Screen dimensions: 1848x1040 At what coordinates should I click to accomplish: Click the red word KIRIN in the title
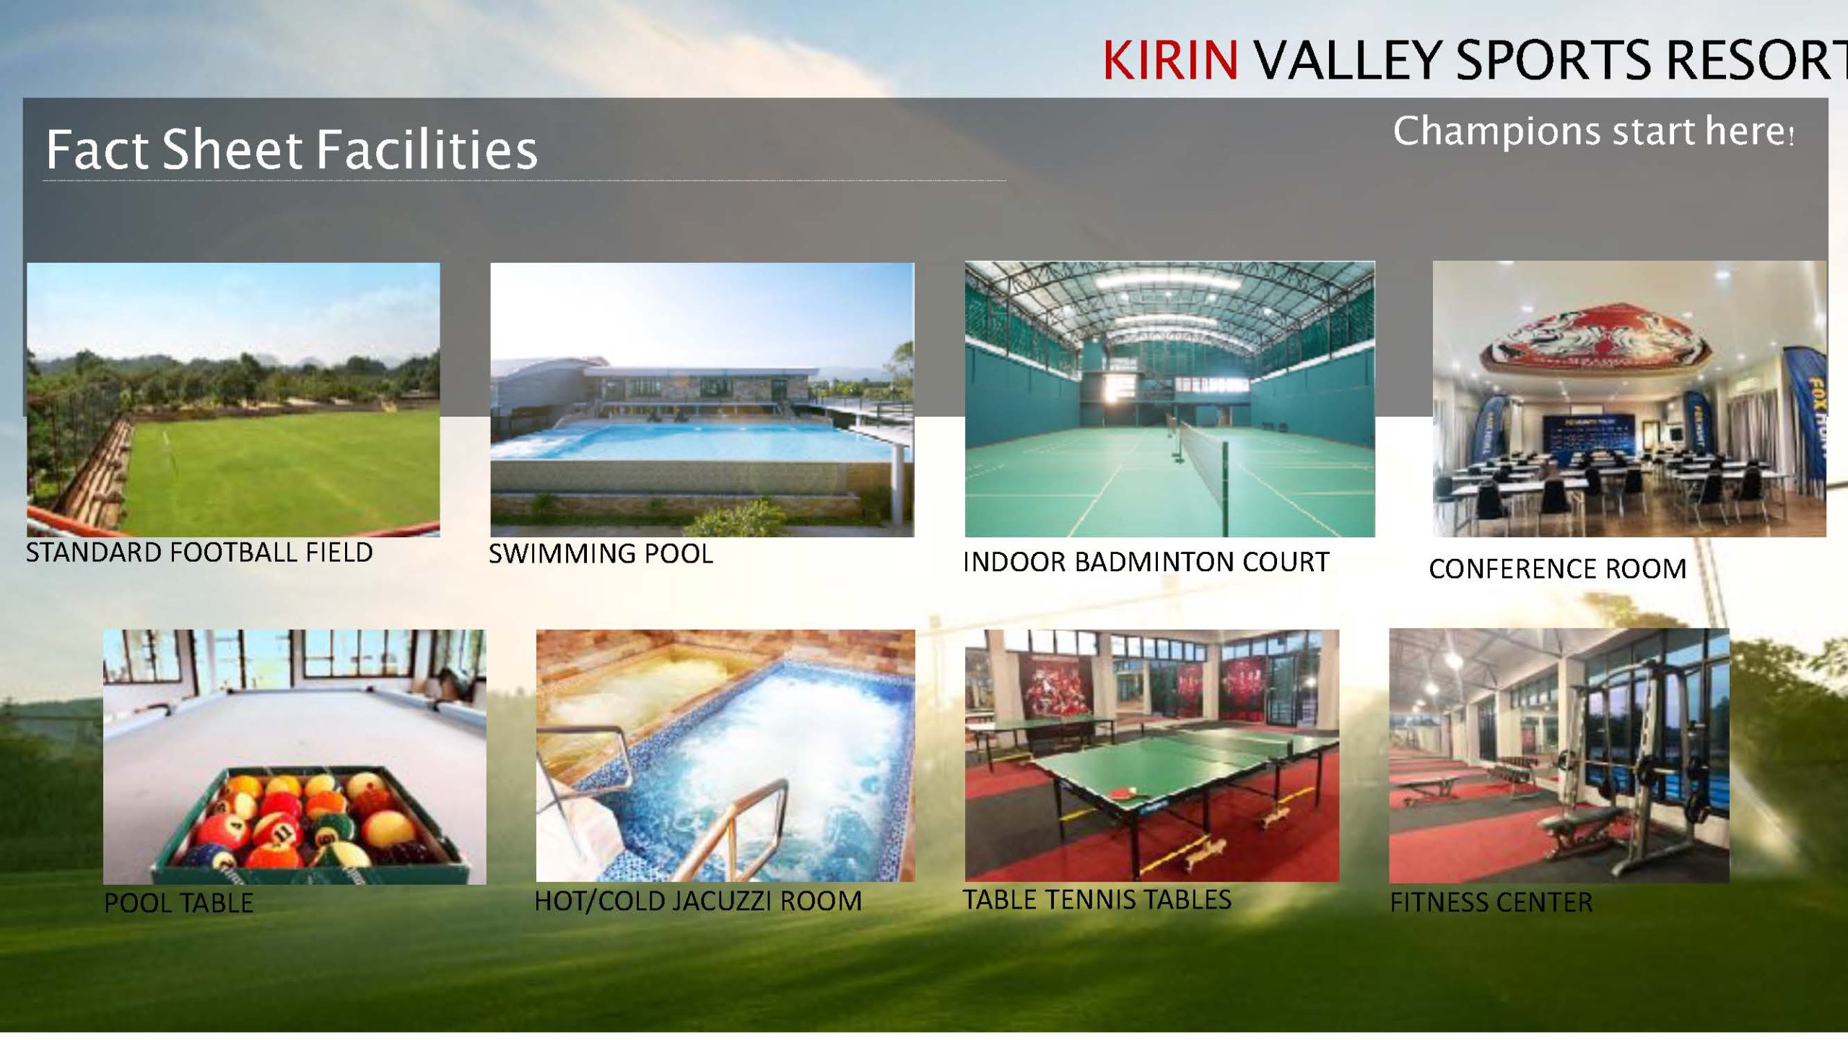click(1171, 59)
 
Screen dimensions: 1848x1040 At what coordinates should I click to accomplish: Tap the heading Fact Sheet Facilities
click(292, 149)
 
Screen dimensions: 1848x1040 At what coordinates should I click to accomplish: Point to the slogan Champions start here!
click(1593, 132)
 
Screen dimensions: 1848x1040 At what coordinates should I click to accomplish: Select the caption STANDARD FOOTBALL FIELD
click(199, 552)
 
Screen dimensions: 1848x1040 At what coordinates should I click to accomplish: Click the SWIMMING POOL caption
click(601, 554)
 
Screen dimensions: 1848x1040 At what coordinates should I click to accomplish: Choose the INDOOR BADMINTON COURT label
click(1146, 562)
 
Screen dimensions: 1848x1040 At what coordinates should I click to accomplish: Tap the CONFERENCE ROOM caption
click(1558, 569)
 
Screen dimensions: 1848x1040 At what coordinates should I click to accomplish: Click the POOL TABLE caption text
click(179, 903)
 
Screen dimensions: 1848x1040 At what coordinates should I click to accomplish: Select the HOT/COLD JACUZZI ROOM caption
click(698, 901)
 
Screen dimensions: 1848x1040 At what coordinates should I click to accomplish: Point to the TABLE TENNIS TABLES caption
click(1097, 899)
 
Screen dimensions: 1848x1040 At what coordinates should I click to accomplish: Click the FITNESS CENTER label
click(1491, 902)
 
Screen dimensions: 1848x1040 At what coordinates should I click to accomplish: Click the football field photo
click(233, 399)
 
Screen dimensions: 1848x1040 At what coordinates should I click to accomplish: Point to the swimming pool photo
click(702, 399)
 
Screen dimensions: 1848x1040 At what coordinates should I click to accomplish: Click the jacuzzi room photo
click(725, 755)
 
